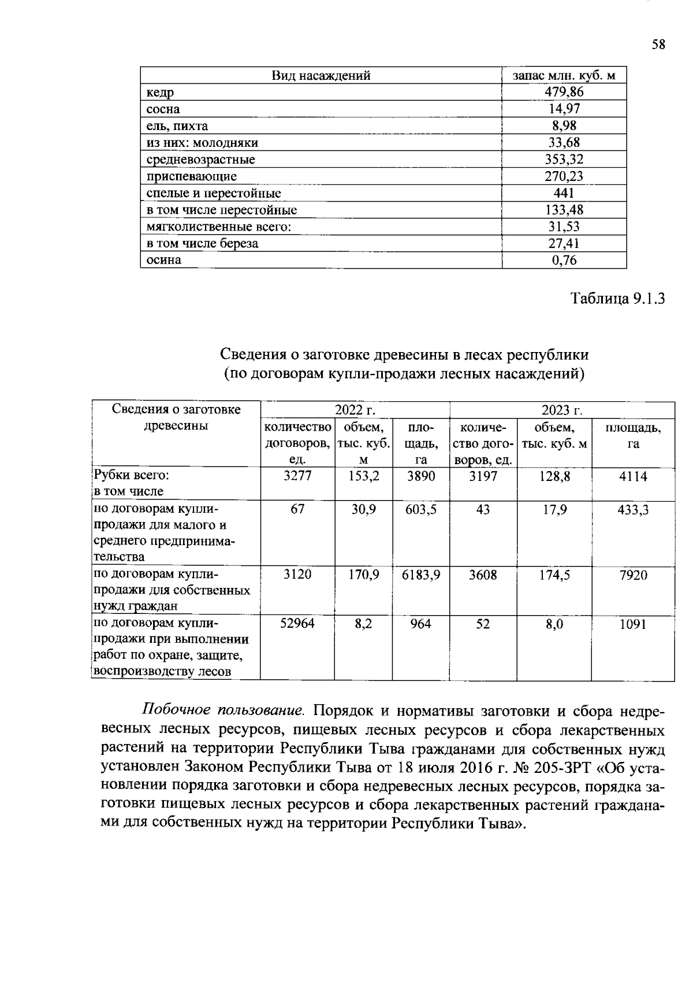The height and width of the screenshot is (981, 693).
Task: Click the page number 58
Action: [658, 45]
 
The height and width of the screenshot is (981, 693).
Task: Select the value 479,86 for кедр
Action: [564, 92]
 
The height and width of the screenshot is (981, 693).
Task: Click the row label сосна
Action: [163, 109]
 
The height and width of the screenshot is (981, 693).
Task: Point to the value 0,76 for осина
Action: [564, 260]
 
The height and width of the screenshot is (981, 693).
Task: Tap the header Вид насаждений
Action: [321, 75]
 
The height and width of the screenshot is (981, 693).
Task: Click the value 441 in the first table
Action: [564, 193]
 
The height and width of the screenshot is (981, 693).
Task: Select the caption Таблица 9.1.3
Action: [618, 298]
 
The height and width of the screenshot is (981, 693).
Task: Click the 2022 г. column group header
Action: [355, 410]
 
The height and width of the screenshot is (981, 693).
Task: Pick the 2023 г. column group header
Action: [561, 410]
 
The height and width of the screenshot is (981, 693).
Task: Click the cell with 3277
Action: [297, 476]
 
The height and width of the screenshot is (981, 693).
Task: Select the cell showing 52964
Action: [297, 624]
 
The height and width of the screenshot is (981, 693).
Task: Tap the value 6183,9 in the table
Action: [421, 575]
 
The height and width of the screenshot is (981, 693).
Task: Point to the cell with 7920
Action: [633, 575]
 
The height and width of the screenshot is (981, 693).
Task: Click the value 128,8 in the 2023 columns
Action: [554, 476]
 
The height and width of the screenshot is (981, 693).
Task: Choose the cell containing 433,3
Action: [633, 509]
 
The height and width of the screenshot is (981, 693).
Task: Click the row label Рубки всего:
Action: [132, 476]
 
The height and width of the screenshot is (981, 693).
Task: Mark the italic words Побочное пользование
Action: [223, 709]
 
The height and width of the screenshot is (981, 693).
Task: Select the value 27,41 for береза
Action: [564, 243]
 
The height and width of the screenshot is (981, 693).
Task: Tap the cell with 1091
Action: [633, 624]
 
